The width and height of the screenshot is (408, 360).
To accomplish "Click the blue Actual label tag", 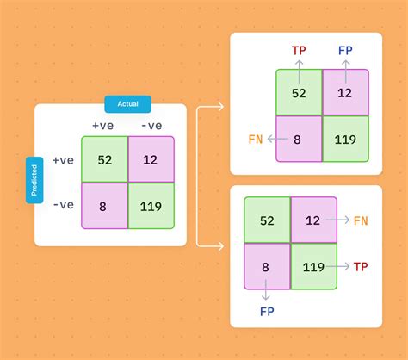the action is (x=128, y=104).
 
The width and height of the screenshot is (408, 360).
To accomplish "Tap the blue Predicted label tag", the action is (x=34, y=180).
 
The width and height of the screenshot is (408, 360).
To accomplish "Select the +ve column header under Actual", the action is (x=103, y=126).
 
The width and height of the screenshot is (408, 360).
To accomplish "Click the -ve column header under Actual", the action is (x=151, y=126).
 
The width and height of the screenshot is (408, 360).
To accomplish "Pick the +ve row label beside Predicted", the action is (x=63, y=160).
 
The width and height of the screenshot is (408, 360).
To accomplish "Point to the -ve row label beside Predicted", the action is (x=64, y=205).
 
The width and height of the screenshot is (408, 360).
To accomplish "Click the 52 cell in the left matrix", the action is (x=104, y=159).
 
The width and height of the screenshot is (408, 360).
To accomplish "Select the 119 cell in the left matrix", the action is (x=151, y=206).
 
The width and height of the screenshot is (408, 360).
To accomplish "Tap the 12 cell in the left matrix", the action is (x=151, y=159).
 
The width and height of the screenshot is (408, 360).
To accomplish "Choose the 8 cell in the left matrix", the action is (x=104, y=206).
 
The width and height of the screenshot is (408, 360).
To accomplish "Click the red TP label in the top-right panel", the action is (x=299, y=51).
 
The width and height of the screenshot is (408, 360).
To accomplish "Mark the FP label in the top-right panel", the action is (x=345, y=51).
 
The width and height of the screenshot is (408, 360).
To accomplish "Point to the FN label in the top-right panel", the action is (x=256, y=140).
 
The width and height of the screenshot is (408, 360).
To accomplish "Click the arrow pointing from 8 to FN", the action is (x=277, y=139).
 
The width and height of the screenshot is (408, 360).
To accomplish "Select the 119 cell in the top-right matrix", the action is (x=346, y=139).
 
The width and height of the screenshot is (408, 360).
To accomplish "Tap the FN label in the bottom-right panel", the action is (x=361, y=220).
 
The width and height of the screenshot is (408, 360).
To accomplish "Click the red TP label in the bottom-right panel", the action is (x=361, y=267).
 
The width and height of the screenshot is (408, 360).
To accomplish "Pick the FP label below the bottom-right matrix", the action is (x=267, y=312).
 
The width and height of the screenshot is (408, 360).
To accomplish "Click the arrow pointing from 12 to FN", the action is (x=338, y=220).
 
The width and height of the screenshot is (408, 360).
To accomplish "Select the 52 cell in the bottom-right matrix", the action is (x=267, y=220).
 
